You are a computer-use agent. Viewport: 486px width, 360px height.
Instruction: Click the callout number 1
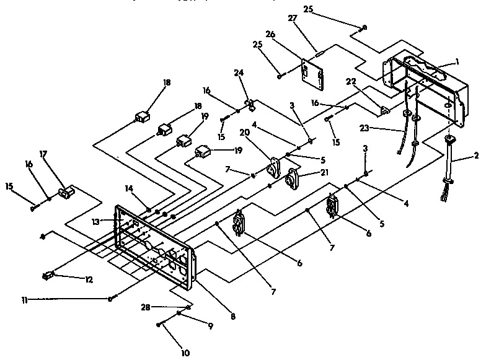[x=457, y=61]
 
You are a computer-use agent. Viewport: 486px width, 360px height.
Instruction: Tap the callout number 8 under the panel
[x=232, y=316]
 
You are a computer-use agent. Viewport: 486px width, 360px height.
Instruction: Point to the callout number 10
[x=185, y=353]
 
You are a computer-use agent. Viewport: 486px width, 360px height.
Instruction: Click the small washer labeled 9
[x=180, y=315]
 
